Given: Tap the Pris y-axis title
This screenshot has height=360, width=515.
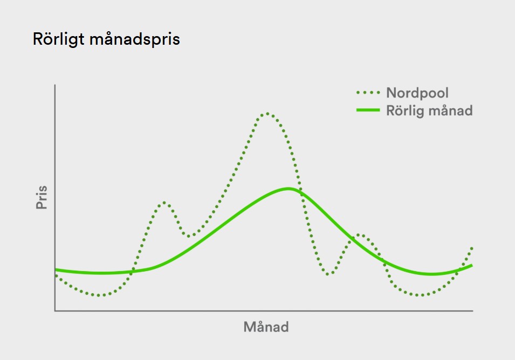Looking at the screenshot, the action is pyautogui.click(x=42, y=197).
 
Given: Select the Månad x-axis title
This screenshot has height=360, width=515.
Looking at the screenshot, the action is pyautogui.click(x=266, y=327).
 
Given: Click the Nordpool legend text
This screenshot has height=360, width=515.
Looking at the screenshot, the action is pyautogui.click(x=417, y=93).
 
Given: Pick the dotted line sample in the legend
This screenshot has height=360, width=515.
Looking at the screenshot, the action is pyautogui.click(x=368, y=93).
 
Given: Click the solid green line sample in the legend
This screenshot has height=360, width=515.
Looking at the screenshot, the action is pyautogui.click(x=368, y=110).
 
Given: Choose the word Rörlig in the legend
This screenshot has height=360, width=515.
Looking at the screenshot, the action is pyautogui.click(x=406, y=111).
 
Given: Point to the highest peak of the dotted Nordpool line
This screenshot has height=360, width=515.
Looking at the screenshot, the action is pyautogui.click(x=267, y=114).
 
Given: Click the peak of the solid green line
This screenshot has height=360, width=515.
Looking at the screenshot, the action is pyautogui.click(x=289, y=189).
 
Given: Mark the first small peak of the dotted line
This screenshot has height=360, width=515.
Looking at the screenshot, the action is pyautogui.click(x=163, y=203).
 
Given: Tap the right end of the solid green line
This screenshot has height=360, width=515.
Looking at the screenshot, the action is pyautogui.click(x=472, y=265).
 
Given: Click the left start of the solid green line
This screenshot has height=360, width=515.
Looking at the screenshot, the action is pyautogui.click(x=56, y=271).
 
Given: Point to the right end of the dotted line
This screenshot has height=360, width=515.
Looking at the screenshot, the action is pyautogui.click(x=472, y=247).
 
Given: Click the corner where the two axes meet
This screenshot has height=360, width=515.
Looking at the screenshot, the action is pyautogui.click(x=55, y=310).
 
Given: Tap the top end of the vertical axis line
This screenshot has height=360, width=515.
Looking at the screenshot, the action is pyautogui.click(x=55, y=85).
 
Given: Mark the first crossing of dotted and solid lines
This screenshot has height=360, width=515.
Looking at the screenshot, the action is pyautogui.click(x=132, y=271).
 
